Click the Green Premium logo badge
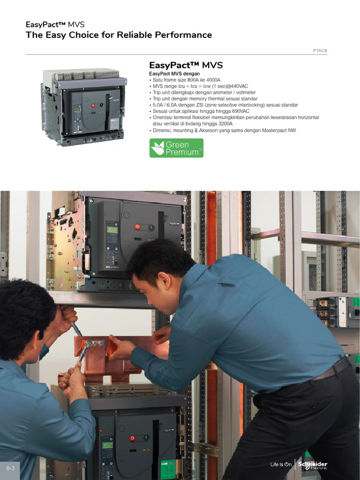(176, 148)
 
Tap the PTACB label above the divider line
(320, 51)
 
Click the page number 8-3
(10, 468)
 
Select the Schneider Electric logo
(313, 465)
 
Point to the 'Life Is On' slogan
(281, 465)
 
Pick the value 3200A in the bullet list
(225, 124)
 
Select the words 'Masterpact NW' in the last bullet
(279, 130)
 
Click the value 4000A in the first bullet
(213, 80)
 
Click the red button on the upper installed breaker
(137, 227)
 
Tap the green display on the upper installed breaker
(112, 230)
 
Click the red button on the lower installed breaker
(133, 438)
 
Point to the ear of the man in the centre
(164, 280)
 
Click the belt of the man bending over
(332, 369)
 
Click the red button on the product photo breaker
(93, 105)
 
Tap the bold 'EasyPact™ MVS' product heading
(186, 65)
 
